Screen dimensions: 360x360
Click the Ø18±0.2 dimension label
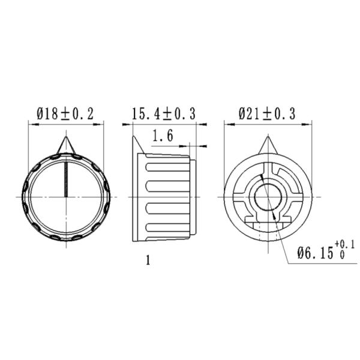point(65,113)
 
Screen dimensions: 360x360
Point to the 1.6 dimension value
point(163,136)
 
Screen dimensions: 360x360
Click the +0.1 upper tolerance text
point(346,244)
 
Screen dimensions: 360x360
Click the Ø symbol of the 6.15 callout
point(302,253)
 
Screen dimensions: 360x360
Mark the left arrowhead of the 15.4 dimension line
point(125,125)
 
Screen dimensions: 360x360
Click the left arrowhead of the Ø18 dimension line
point(31,125)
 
